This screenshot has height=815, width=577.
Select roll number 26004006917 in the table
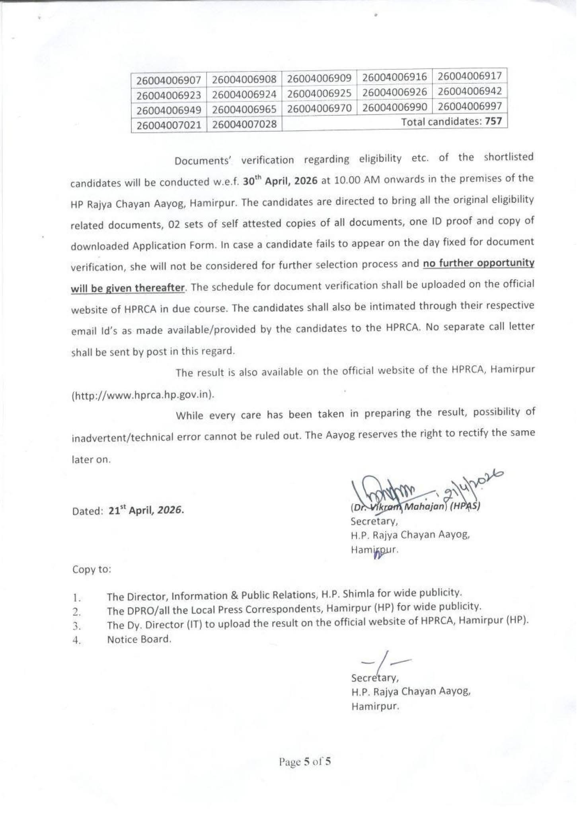pyautogui.click(x=470, y=76)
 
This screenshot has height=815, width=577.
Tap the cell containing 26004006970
pyautogui.click(x=319, y=108)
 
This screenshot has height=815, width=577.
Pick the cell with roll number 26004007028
pyautogui.click(x=244, y=124)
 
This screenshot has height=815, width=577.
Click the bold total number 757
pyautogui.click(x=493, y=121)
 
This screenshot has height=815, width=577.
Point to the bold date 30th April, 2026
pyautogui.click(x=280, y=181)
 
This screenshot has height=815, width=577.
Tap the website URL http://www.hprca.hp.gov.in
pyautogui.click(x=144, y=395)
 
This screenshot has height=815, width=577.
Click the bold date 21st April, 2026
pyautogui.click(x=146, y=510)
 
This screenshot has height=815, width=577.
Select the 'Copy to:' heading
pyautogui.click(x=92, y=569)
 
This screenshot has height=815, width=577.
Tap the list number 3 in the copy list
pyautogui.click(x=77, y=627)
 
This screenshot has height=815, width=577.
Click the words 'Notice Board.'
pyautogui.click(x=139, y=640)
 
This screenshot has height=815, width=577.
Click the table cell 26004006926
pyautogui.click(x=395, y=92)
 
